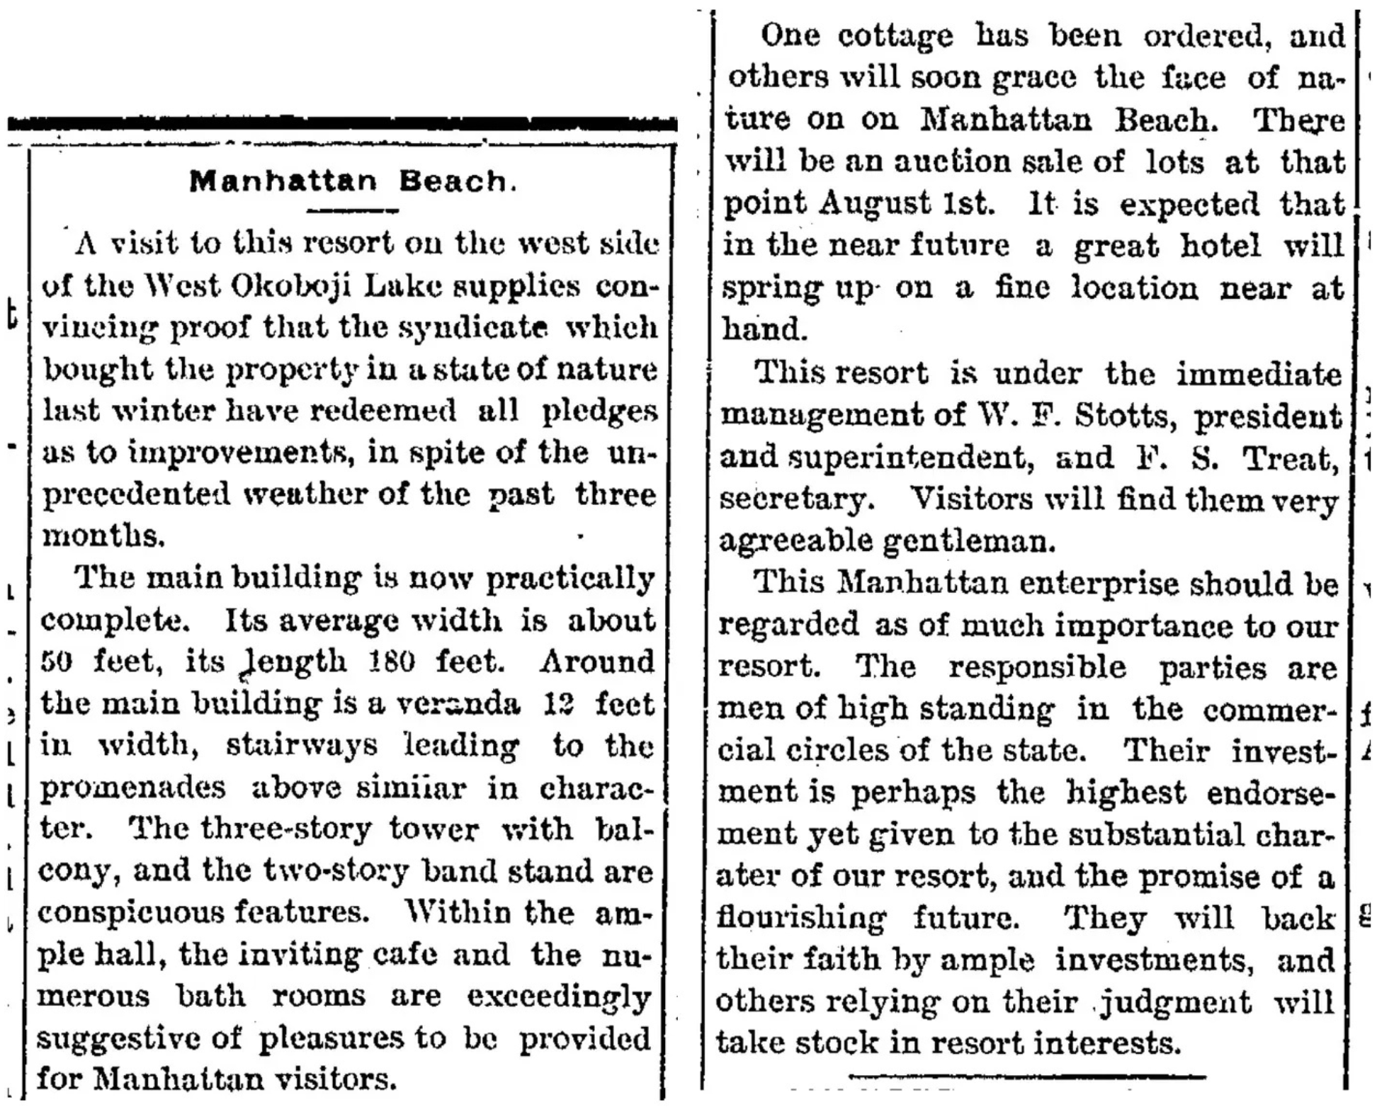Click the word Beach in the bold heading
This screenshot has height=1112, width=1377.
453,181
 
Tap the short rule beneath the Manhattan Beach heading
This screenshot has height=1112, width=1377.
353,210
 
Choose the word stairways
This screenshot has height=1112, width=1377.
302,746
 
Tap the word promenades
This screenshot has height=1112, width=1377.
132,788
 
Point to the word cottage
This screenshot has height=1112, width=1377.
895,35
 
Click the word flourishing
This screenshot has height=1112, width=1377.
800,918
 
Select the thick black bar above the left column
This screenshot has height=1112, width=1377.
342,125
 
